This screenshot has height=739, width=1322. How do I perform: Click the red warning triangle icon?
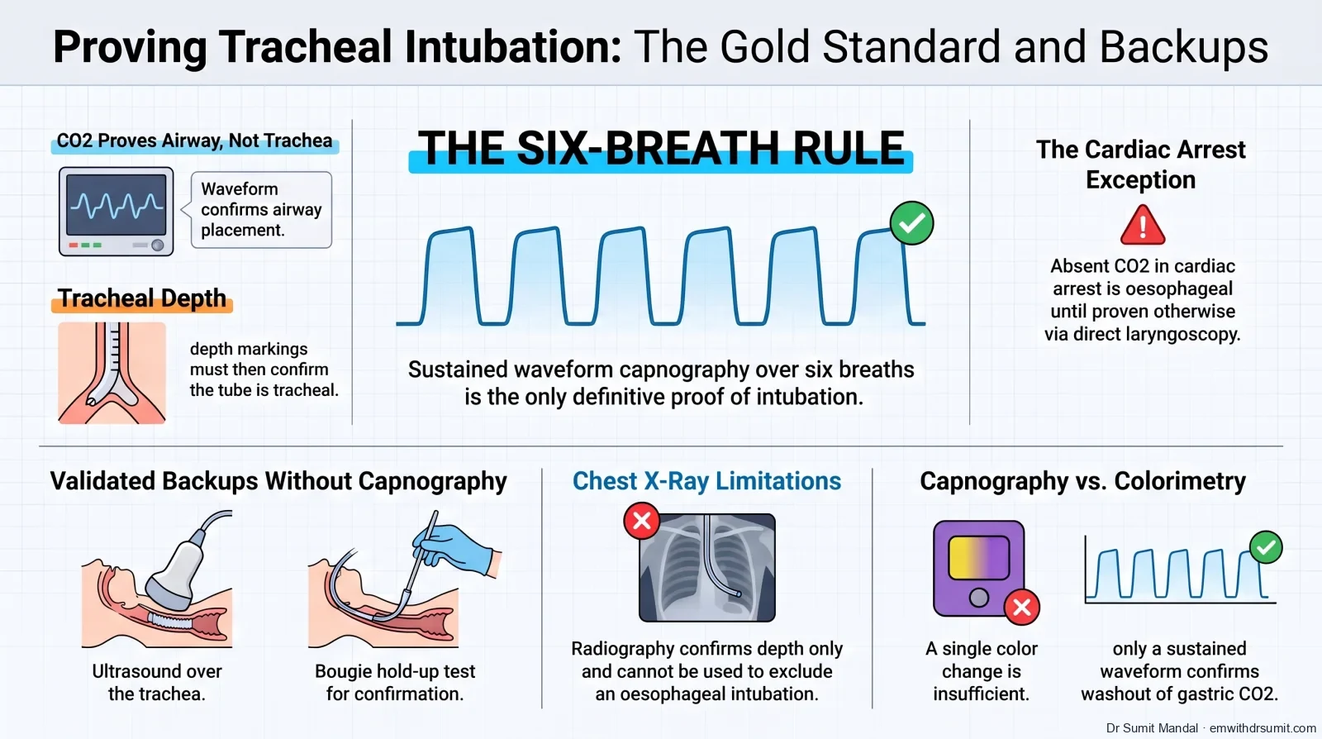(1143, 226)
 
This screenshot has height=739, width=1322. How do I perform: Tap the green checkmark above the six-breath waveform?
(912, 223)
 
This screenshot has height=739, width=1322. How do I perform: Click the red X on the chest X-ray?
(641, 521)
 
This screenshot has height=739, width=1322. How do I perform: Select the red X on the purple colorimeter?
(1021, 607)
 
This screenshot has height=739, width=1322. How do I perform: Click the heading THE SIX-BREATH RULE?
(661, 148)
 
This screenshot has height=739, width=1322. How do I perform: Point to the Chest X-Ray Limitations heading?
(706, 481)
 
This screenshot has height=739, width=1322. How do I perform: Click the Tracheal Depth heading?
(141, 298)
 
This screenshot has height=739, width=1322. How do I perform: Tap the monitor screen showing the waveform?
(117, 204)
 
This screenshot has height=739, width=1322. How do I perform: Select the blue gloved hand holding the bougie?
(458, 549)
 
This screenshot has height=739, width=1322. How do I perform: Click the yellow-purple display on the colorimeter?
(978, 558)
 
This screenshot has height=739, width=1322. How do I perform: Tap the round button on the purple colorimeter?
(978, 598)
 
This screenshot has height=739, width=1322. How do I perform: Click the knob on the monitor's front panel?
(158, 245)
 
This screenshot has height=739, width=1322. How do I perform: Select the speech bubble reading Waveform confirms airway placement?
(261, 209)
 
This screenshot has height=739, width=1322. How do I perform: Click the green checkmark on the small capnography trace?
(1266, 547)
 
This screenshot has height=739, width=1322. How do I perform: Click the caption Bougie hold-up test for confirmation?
(395, 682)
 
